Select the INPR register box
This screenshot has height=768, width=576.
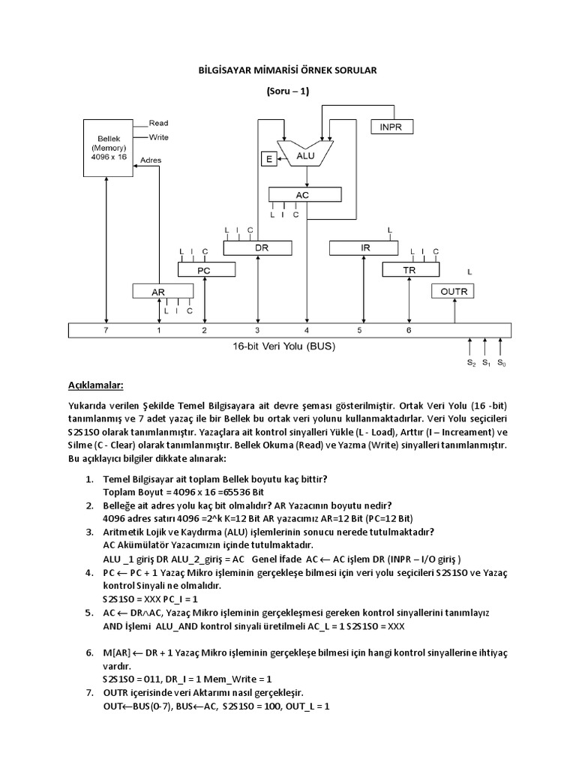click(x=391, y=127)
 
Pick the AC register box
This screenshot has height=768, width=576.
click(x=301, y=194)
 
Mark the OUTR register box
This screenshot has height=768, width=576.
click(x=453, y=290)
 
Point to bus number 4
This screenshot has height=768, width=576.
click(x=306, y=330)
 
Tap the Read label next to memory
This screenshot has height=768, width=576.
click(x=158, y=122)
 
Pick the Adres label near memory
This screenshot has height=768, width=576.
click(x=151, y=160)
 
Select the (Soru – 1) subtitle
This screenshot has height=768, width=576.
click(x=288, y=91)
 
